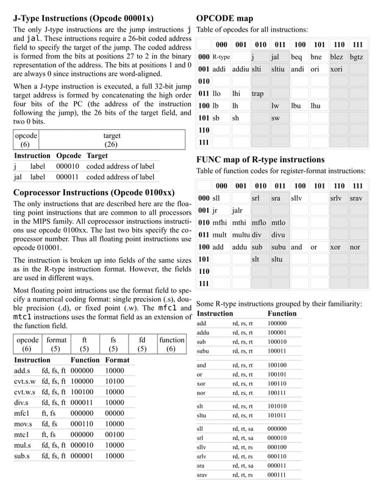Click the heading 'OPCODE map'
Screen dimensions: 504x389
pyautogui.click(x=224, y=18)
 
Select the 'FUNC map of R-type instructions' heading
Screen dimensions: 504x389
pyautogui.click(x=260, y=160)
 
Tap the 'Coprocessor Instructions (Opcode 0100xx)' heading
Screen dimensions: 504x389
pyautogui.click(x=94, y=192)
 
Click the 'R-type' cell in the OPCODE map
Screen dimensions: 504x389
pyautogui.click(x=221, y=57)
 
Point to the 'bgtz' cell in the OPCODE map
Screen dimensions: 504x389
pyautogui.click(x=357, y=57)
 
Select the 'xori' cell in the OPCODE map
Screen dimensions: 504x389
pyautogui.click(x=336, y=70)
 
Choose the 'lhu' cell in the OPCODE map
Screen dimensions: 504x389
pyautogui.click(x=316, y=106)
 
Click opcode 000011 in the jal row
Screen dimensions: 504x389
pyautogui.click(x=68, y=177)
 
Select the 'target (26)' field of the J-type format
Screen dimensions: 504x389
pyautogui.click(x=112, y=140)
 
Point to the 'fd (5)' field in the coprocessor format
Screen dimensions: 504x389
pyautogui.click(x=142, y=344)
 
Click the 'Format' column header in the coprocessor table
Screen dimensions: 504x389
pyautogui.click(x=117, y=360)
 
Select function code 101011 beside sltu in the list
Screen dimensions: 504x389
pyautogui.click(x=277, y=416)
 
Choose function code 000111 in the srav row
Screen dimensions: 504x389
pyautogui.click(x=277, y=474)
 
